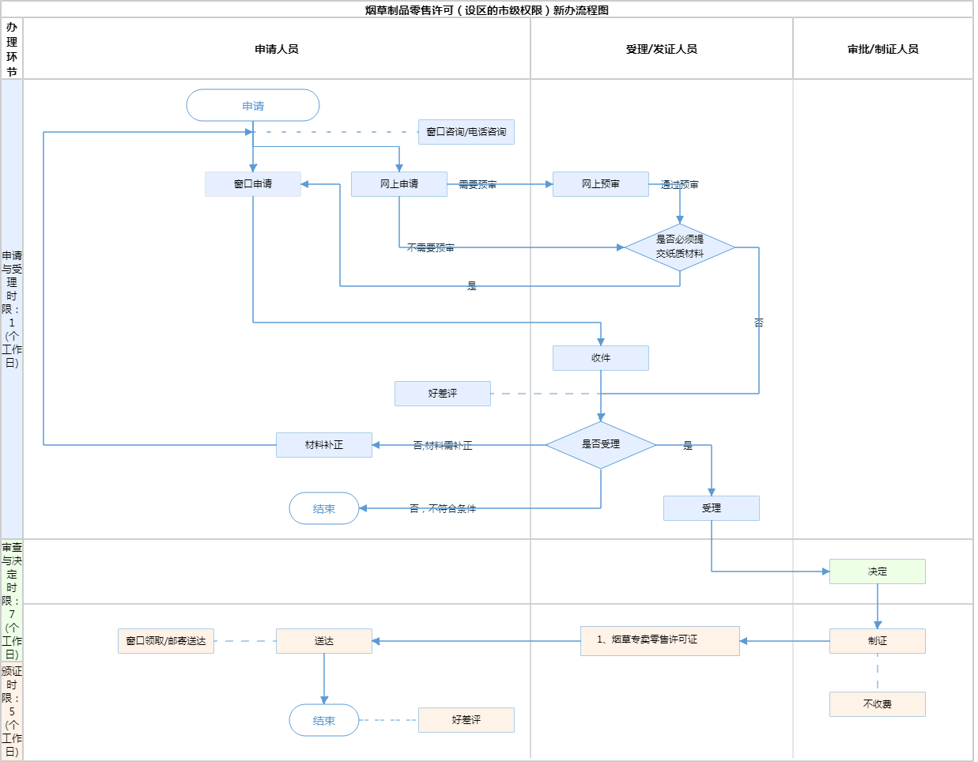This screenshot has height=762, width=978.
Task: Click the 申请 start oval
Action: point(253,105)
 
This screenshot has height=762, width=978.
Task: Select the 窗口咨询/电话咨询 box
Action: point(466,132)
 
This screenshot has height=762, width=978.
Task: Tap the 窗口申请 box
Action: point(253,184)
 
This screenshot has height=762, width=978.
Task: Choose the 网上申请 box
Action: point(399,184)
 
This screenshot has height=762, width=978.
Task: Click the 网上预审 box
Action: point(601,184)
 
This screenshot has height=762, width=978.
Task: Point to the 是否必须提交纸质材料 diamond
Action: point(680,247)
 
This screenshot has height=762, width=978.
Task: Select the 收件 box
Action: point(601,358)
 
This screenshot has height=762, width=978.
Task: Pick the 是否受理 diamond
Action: point(601,444)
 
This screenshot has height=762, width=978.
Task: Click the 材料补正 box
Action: point(324,445)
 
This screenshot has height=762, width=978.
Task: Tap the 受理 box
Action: point(712,508)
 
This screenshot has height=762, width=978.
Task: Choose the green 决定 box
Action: point(878,571)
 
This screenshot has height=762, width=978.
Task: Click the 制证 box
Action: point(878,641)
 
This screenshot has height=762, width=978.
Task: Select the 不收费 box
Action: point(878,704)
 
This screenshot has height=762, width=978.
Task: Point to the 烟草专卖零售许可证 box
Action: point(660,640)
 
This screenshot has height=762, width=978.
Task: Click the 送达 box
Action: point(324,641)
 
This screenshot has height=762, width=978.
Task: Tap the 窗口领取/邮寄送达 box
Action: point(166,641)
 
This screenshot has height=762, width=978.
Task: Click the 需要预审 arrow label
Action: point(478,185)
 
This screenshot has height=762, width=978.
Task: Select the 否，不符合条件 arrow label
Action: point(443,509)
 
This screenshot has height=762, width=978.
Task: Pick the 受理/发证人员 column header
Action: point(662,49)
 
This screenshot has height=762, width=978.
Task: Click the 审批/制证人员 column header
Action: point(883,49)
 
